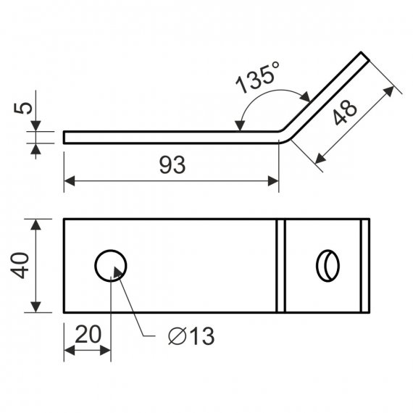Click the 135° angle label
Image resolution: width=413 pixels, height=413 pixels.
click(257, 78)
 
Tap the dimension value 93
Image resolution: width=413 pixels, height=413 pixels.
click(172, 165)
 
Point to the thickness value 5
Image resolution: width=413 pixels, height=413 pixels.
click(23, 108)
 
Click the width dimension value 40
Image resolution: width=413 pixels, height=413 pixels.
click(20, 265)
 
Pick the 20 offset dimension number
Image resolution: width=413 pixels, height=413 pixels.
click(88, 334)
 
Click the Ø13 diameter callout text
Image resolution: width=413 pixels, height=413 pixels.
click(191, 336)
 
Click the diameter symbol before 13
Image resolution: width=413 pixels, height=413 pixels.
click(178, 336)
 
